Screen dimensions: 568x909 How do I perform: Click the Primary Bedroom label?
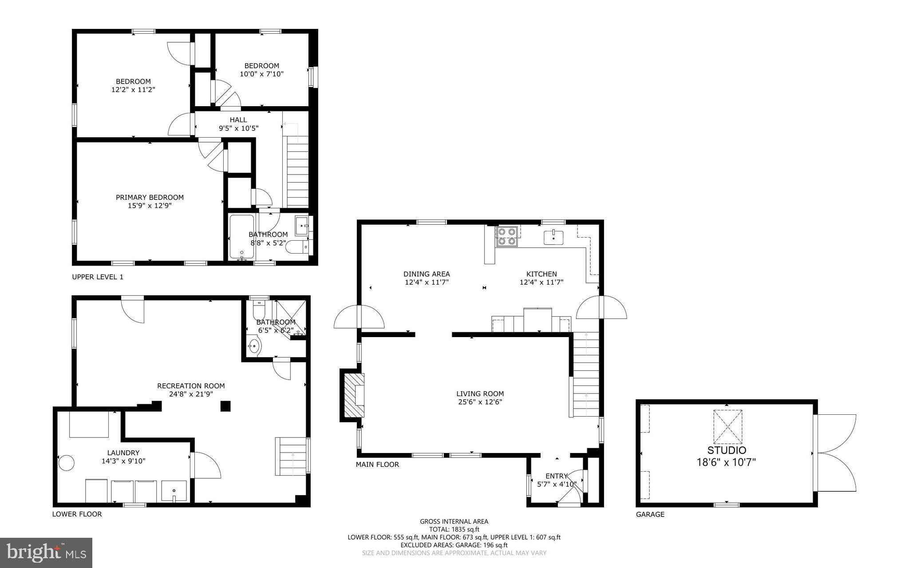150,197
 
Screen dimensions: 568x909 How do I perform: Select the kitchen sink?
553,238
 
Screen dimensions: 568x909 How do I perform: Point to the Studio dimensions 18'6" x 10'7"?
726,462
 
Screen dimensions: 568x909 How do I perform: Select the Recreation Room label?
191,386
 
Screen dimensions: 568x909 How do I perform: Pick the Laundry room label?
123,453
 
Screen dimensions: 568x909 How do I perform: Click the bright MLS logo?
46,552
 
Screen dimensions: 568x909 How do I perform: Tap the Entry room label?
557,476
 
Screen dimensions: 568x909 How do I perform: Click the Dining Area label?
427,274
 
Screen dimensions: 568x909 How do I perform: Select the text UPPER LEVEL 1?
98,277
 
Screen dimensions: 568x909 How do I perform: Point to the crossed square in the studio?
727,426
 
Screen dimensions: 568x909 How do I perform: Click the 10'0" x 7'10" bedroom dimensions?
261,74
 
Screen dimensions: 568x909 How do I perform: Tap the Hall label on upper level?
238,120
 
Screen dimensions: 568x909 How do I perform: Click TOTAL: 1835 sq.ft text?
454,529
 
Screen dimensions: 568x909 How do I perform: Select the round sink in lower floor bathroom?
254,346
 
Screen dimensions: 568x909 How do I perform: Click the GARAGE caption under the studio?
650,514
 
